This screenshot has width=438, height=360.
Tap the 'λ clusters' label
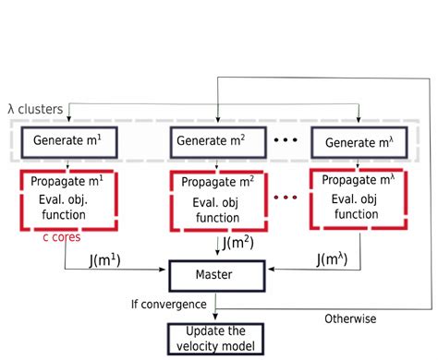point(35,109)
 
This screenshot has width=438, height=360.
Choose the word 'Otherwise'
point(351,318)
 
